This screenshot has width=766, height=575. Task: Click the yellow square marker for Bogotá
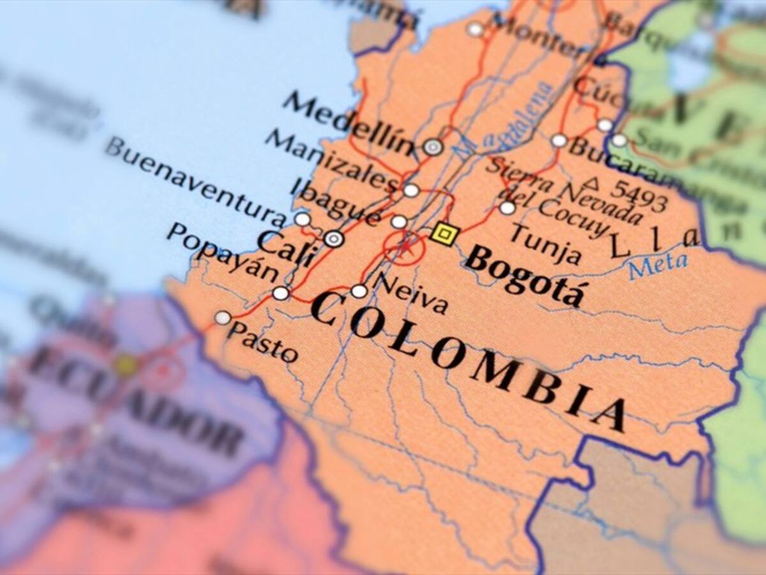442,234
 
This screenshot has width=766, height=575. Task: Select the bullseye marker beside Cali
334,239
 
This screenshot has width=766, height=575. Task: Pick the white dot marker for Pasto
223,318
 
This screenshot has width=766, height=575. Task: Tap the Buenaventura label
195,181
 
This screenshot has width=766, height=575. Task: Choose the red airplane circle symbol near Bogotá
403,247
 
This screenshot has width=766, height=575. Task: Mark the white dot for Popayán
281,293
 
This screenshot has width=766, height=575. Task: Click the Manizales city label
331,159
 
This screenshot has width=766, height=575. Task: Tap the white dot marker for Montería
475,29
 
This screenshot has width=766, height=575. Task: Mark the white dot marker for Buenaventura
303,219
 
